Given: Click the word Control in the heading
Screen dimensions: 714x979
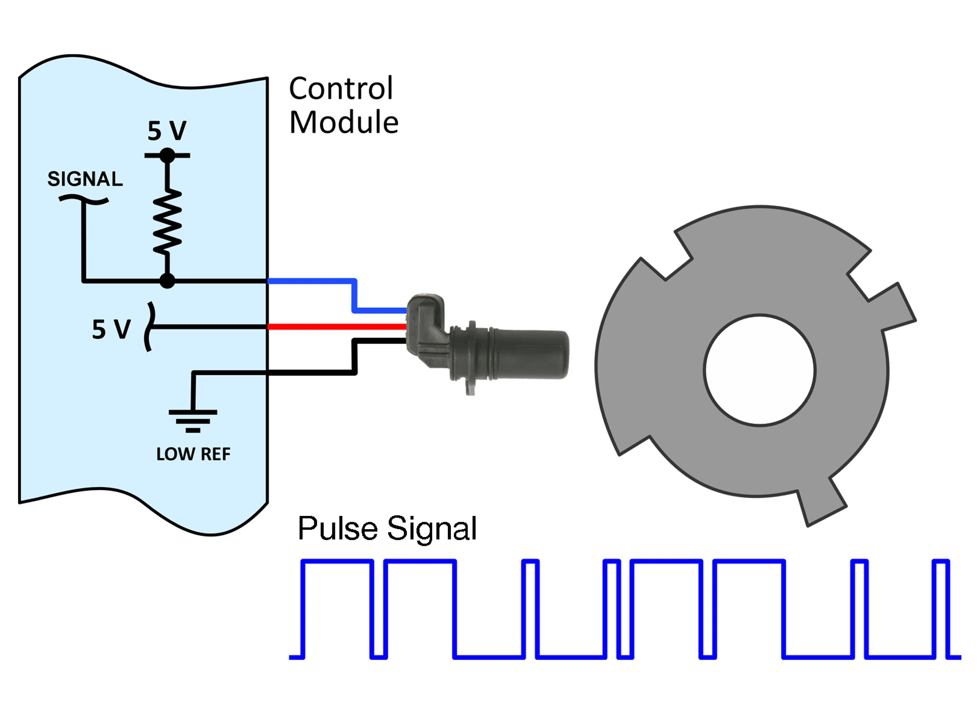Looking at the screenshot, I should tap(341, 89).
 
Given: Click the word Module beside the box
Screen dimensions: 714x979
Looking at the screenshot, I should tap(344, 122).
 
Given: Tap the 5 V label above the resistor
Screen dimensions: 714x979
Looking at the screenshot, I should tap(167, 131).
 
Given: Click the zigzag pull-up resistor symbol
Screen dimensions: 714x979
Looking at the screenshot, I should tap(168, 223).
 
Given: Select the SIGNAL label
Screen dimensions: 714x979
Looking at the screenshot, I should tap(85, 179).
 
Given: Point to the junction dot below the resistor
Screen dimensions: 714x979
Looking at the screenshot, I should tap(167, 281).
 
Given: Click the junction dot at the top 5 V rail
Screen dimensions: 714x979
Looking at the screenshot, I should tap(167, 156).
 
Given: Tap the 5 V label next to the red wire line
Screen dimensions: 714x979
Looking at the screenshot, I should tap(111, 329).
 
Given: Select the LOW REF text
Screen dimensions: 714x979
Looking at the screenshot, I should tap(193, 454).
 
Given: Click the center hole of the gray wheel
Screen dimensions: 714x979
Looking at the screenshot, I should tap(759, 370).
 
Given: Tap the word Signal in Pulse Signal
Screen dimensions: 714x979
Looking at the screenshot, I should tap(431, 529).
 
